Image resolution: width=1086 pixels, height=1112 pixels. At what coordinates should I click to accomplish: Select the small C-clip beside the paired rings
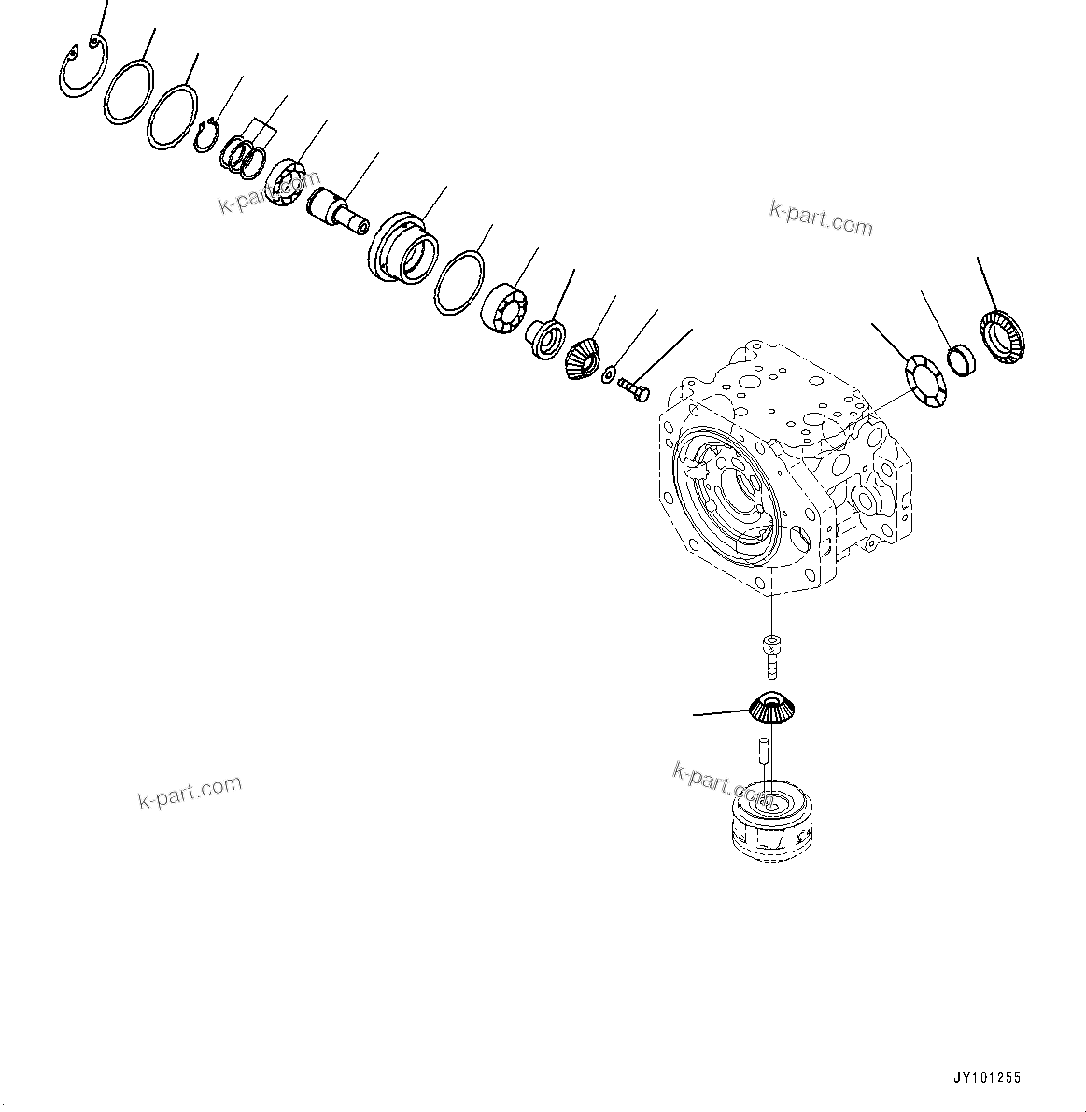207,134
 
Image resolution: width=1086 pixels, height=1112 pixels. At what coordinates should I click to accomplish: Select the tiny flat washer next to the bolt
609,375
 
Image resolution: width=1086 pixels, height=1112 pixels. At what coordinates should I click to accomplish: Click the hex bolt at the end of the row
633,392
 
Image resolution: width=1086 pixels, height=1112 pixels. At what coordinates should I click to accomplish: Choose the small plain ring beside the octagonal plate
962,360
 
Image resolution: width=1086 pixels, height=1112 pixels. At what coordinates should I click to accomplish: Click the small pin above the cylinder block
763,747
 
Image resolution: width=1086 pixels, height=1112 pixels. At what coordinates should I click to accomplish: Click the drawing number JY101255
987,1078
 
